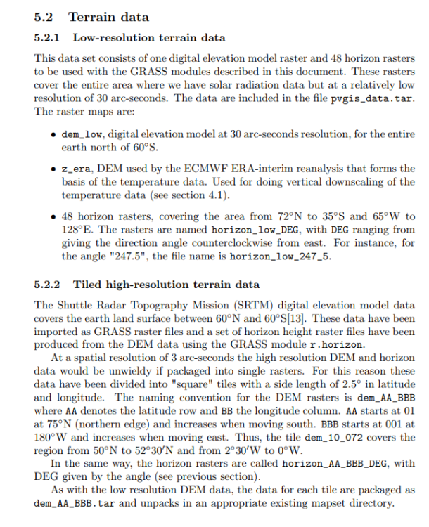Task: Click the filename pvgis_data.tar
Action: (x=372, y=98)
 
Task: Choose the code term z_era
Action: (x=76, y=169)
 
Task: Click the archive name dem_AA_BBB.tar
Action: (x=75, y=504)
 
